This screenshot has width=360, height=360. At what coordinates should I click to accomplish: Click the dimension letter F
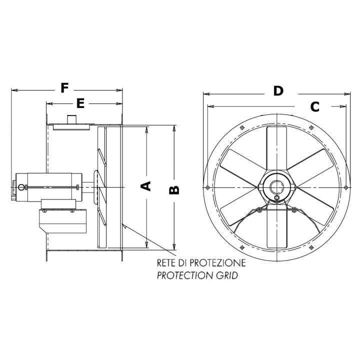(64, 88)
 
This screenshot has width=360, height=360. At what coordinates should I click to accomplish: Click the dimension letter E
(80, 103)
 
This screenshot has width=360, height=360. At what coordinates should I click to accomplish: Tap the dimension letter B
(173, 189)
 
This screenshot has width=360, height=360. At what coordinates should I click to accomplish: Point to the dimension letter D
(278, 90)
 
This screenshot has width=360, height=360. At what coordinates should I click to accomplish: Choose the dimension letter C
(314, 106)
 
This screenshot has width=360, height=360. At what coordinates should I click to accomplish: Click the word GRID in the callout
(225, 275)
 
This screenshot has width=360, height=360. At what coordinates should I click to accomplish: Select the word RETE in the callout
(166, 262)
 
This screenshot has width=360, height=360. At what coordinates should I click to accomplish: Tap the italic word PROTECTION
(183, 275)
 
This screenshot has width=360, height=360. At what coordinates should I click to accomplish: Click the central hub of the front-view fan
(276, 187)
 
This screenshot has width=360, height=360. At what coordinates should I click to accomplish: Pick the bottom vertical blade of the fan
(276, 228)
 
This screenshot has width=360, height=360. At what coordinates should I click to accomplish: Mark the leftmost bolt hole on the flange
(207, 187)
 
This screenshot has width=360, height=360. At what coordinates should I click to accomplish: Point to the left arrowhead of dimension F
(13, 90)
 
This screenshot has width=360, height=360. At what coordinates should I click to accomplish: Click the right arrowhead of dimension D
(348, 93)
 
